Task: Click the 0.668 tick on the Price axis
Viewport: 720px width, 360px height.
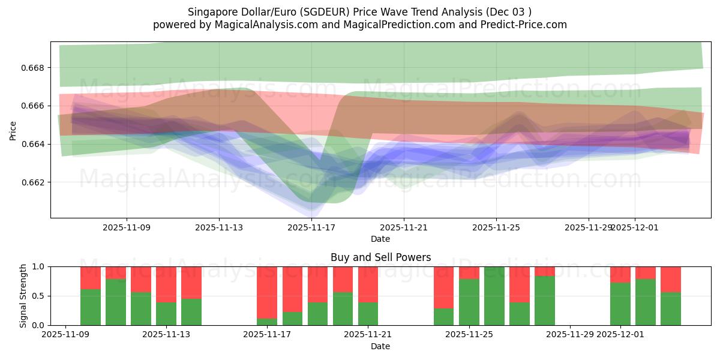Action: click(x=35, y=68)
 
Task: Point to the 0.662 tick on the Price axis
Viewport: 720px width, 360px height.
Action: click(x=35, y=182)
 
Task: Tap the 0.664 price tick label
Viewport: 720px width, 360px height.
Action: click(x=35, y=144)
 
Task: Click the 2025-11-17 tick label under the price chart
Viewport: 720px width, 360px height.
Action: click(x=311, y=228)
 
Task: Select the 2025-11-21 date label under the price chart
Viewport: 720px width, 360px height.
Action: click(x=404, y=228)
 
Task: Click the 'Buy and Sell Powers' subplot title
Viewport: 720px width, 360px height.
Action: click(x=380, y=257)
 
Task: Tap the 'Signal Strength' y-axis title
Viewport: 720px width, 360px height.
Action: click(x=23, y=296)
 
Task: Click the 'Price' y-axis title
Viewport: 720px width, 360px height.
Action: click(x=13, y=130)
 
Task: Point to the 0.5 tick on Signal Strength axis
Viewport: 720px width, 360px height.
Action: click(x=38, y=296)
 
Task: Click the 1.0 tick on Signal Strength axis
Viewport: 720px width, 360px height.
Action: click(x=38, y=266)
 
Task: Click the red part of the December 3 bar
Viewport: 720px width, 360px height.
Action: click(x=671, y=279)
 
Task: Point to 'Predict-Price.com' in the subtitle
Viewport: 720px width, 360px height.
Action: click(x=526, y=25)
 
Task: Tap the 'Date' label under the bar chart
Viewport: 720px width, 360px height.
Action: click(x=380, y=346)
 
